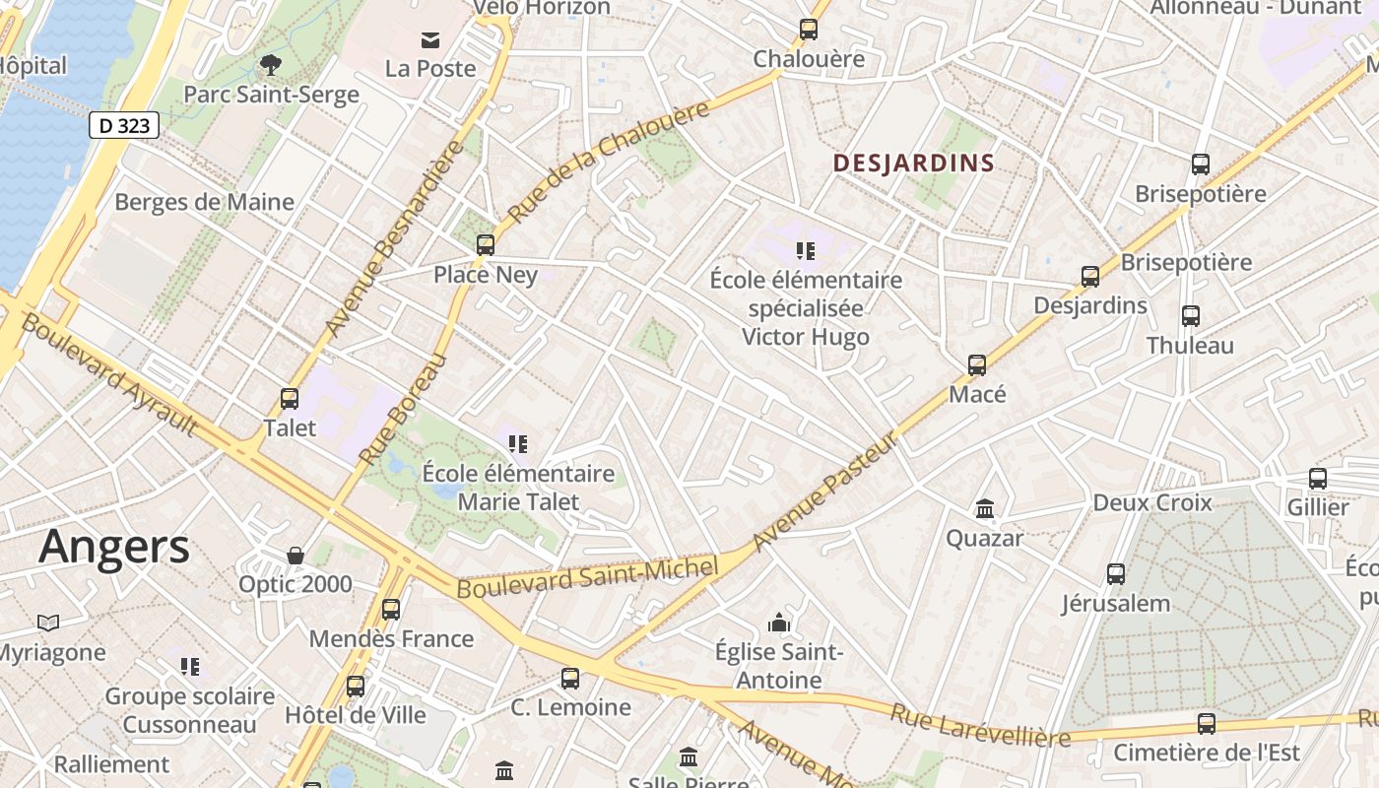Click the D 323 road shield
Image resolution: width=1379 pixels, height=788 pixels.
(x=124, y=125)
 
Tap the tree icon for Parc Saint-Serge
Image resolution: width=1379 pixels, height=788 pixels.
(x=270, y=66)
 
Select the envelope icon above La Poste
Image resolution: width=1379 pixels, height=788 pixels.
(x=430, y=39)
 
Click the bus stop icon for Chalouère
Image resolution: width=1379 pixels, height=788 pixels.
(x=809, y=30)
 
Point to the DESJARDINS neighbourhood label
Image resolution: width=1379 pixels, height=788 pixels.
(x=913, y=164)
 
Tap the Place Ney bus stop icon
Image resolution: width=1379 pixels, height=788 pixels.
(x=486, y=244)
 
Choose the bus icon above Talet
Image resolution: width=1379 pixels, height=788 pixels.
(x=290, y=398)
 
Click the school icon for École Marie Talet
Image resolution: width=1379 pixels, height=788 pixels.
(x=518, y=444)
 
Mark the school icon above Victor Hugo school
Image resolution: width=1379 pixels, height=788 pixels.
(x=806, y=251)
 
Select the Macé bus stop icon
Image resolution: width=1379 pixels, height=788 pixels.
(x=977, y=365)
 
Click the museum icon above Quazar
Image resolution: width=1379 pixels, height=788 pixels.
(x=985, y=509)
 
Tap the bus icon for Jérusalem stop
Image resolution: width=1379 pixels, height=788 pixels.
(x=1116, y=574)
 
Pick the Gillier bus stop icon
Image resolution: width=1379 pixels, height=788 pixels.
(x=1318, y=479)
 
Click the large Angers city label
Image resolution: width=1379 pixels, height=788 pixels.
(x=114, y=547)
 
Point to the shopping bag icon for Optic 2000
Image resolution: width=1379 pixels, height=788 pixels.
(x=295, y=556)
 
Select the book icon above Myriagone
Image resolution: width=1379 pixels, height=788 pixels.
(x=48, y=623)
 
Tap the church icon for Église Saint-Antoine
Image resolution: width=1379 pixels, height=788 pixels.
(x=779, y=623)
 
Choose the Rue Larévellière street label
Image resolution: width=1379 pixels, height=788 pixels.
(x=980, y=725)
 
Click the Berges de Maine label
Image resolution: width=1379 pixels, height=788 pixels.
(x=204, y=202)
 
